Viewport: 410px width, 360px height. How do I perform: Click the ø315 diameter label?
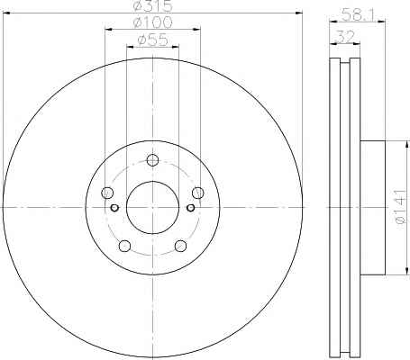coord(152,5)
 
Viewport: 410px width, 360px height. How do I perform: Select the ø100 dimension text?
coord(152,22)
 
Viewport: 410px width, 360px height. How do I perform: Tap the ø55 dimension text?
coord(152,40)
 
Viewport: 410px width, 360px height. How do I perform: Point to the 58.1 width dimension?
coord(357,14)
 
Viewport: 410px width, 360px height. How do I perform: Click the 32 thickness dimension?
coord(346,37)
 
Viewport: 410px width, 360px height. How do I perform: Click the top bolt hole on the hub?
coord(152,160)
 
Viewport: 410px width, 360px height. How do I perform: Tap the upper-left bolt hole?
coord(107,193)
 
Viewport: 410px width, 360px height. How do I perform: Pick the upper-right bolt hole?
coord(198,193)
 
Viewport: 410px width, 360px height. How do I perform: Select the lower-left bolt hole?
coord(124,246)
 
